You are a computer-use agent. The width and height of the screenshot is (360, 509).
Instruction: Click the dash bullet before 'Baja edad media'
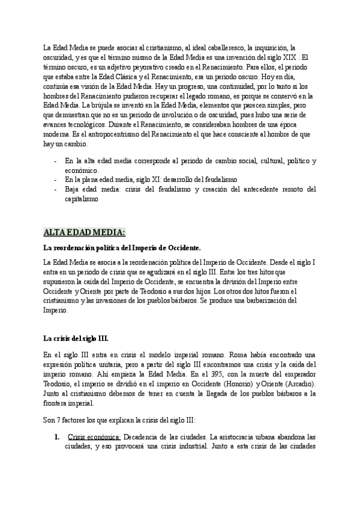[56, 189]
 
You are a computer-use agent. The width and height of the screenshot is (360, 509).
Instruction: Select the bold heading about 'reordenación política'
[122, 247]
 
